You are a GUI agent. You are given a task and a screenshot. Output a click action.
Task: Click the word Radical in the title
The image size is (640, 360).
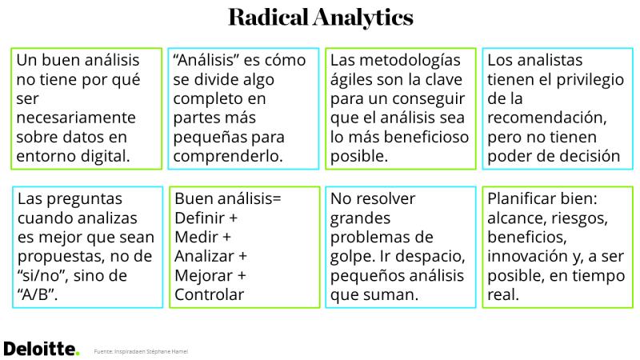click(x=268, y=17)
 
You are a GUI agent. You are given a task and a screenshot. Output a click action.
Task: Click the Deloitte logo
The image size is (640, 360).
click(x=42, y=349)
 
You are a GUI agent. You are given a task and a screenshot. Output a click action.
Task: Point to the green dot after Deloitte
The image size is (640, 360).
click(x=77, y=354)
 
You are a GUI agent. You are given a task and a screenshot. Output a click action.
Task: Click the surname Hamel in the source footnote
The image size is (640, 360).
click(x=179, y=351)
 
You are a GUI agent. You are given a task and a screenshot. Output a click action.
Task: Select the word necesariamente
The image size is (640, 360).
click(x=76, y=118)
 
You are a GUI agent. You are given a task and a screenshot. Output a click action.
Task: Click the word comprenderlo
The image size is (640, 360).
click(x=228, y=156)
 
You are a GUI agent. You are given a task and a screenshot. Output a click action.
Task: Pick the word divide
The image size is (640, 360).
click(x=218, y=79)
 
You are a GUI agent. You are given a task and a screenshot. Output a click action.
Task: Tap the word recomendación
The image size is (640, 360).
click(x=547, y=118)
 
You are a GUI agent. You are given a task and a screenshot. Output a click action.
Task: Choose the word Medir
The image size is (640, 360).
click(x=196, y=237)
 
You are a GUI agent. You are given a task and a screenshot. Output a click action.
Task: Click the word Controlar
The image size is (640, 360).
click(x=210, y=294)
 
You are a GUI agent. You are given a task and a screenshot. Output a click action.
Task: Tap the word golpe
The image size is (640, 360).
click(x=353, y=257)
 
